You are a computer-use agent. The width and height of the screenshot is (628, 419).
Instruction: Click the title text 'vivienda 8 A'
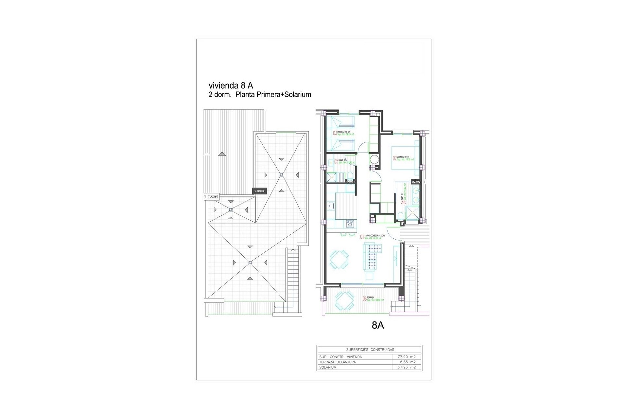tap(231, 85)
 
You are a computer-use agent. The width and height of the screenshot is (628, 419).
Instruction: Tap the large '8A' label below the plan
tap(378, 325)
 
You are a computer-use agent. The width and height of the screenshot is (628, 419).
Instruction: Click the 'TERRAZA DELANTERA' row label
tap(337, 362)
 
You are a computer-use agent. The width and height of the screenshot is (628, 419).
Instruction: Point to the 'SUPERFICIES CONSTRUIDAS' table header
tap(370, 350)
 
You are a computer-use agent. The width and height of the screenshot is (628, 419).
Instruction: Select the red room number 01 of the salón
tap(362, 237)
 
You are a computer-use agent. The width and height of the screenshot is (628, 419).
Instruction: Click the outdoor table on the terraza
tap(345, 301)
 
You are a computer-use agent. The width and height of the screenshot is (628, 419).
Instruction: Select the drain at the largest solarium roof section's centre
tap(250, 262)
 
